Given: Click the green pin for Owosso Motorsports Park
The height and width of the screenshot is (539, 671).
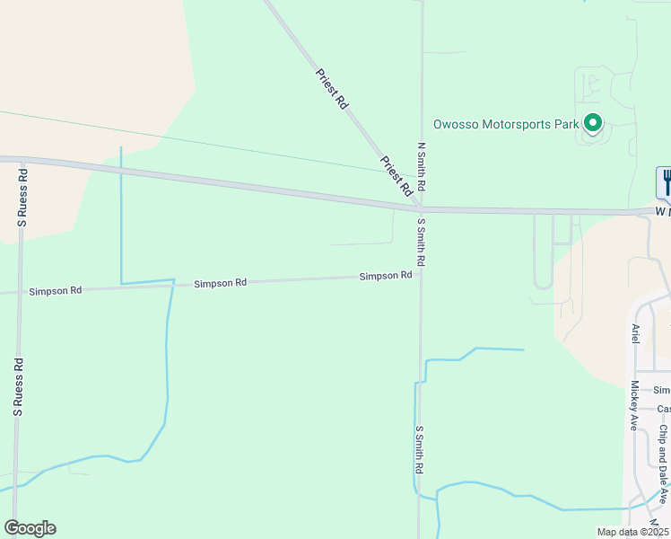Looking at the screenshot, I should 592,122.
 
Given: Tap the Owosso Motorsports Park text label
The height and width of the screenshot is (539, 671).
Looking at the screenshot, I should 506,125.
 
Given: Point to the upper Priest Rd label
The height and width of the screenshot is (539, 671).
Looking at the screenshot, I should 332,89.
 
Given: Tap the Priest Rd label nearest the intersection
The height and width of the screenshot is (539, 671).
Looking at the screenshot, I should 396,175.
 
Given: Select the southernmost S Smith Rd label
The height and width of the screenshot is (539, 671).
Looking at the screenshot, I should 419,450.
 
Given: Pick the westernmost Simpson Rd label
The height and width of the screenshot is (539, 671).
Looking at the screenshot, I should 56,291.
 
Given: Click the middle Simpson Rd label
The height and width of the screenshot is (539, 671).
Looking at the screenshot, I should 221,283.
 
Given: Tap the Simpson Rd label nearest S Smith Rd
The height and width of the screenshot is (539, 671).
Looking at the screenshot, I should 386,276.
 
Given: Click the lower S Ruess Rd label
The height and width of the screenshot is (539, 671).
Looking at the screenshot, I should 17,387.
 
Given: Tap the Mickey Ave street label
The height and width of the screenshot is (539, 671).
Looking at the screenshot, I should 633,405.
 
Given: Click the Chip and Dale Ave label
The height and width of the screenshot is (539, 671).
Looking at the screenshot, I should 663,464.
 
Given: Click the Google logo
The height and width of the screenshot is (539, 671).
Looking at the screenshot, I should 30,528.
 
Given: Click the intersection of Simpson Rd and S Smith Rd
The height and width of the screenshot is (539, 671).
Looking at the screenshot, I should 420,275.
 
